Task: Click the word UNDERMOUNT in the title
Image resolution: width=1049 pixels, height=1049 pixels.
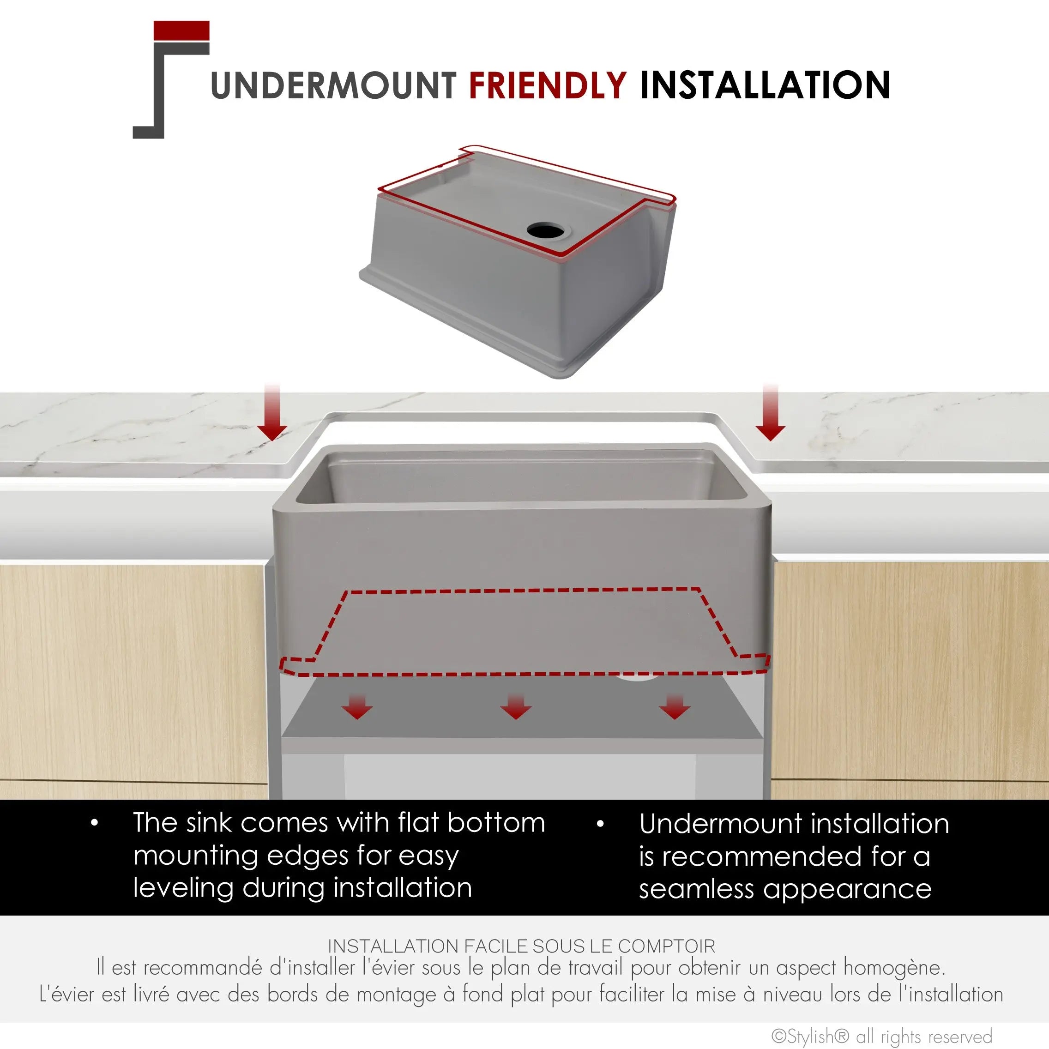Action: pos(333,85)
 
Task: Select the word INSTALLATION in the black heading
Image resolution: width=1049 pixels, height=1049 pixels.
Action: pos(765,85)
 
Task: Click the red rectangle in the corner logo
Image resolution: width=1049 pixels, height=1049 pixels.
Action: pos(181,30)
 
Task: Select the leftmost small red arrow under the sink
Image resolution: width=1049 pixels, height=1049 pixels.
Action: pos(357,706)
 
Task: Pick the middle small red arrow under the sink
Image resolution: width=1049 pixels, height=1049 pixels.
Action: pos(516,706)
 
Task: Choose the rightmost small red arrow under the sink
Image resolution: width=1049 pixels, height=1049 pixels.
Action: pos(675,706)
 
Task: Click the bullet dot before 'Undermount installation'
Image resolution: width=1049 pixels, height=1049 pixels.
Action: pos(600,824)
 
